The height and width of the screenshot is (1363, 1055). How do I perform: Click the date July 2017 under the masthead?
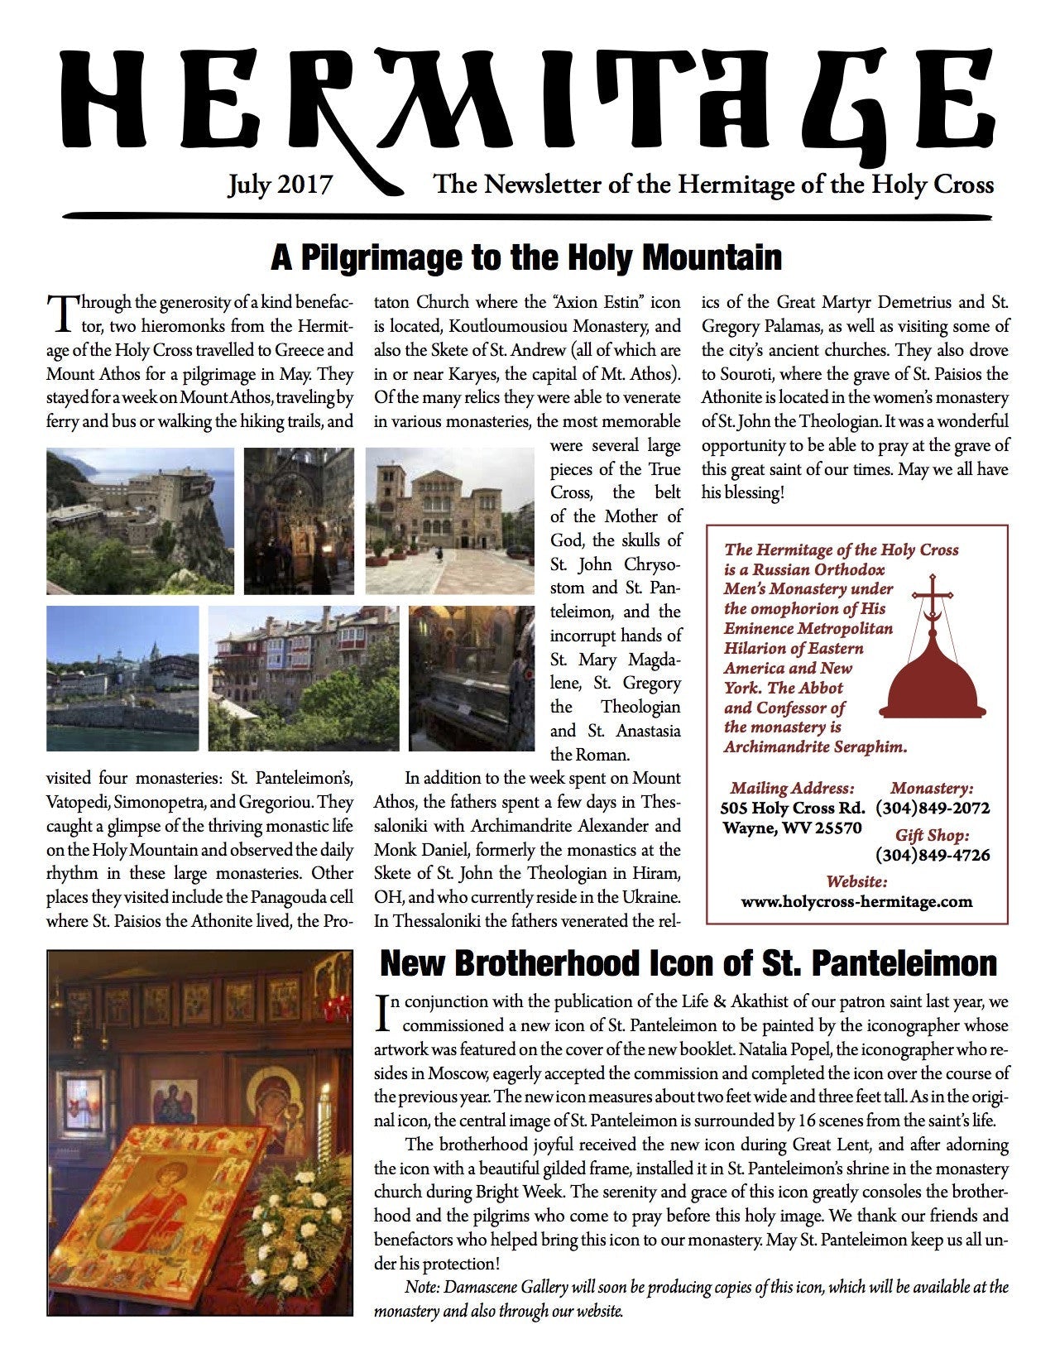280,184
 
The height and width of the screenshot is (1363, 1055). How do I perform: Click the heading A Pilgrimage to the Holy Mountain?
526,257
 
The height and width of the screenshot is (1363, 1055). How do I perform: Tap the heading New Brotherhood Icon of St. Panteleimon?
688,963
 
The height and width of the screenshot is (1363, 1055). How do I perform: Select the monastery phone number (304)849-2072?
933,808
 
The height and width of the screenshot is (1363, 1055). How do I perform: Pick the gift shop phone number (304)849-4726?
933,855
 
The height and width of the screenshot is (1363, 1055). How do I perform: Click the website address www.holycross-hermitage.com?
856,901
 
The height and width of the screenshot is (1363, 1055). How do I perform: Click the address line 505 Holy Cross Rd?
793,808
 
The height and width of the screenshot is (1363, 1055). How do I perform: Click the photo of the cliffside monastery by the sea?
140,521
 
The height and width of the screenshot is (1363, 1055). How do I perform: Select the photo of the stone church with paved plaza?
450,521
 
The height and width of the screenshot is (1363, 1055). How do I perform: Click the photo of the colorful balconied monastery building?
303,679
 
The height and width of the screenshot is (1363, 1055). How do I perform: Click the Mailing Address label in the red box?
792,788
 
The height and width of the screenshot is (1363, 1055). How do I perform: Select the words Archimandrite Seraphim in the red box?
815,746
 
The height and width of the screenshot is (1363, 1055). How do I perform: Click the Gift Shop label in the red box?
932,835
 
